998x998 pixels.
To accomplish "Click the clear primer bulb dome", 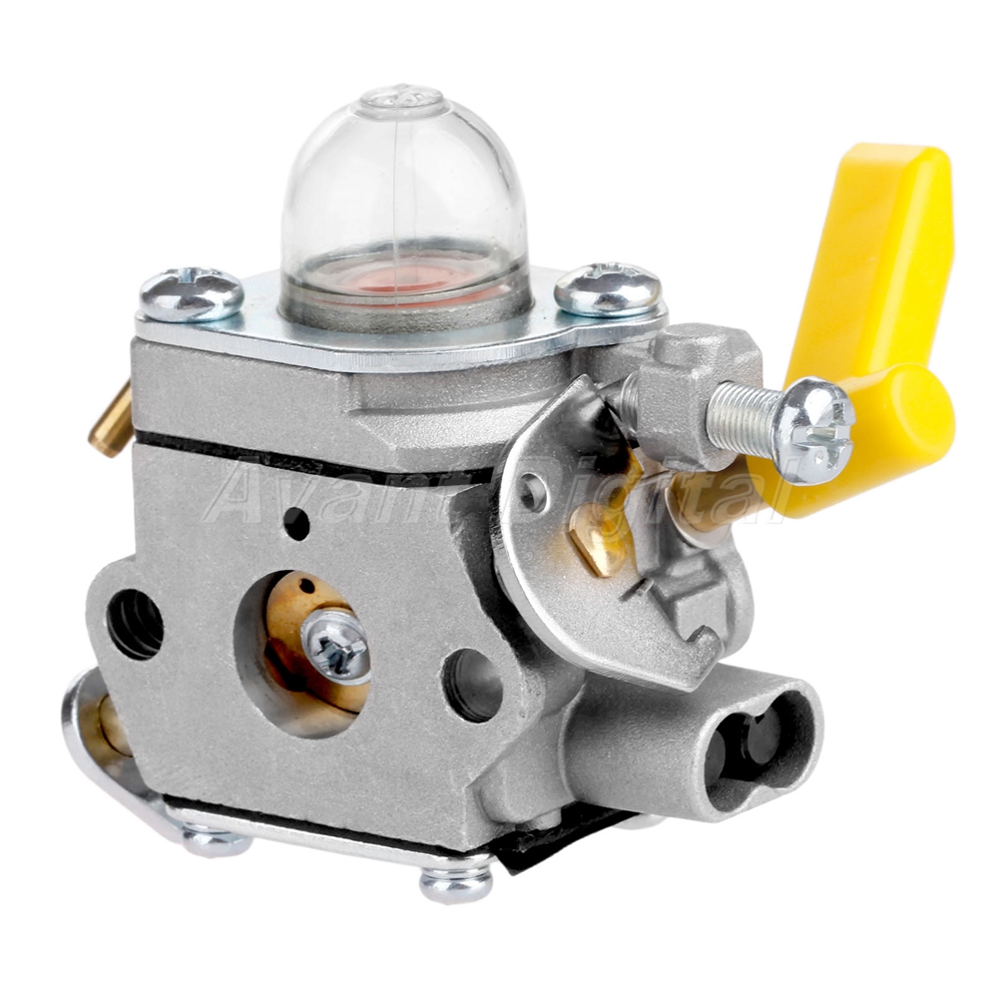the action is tap(405, 204).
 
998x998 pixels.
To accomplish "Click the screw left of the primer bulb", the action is tap(192, 294).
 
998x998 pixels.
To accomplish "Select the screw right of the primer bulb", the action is tap(608, 288).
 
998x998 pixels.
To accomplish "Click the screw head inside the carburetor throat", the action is tap(336, 644).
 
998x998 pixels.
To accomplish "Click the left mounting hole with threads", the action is tap(135, 625).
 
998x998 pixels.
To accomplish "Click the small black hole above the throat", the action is tap(296, 523).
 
